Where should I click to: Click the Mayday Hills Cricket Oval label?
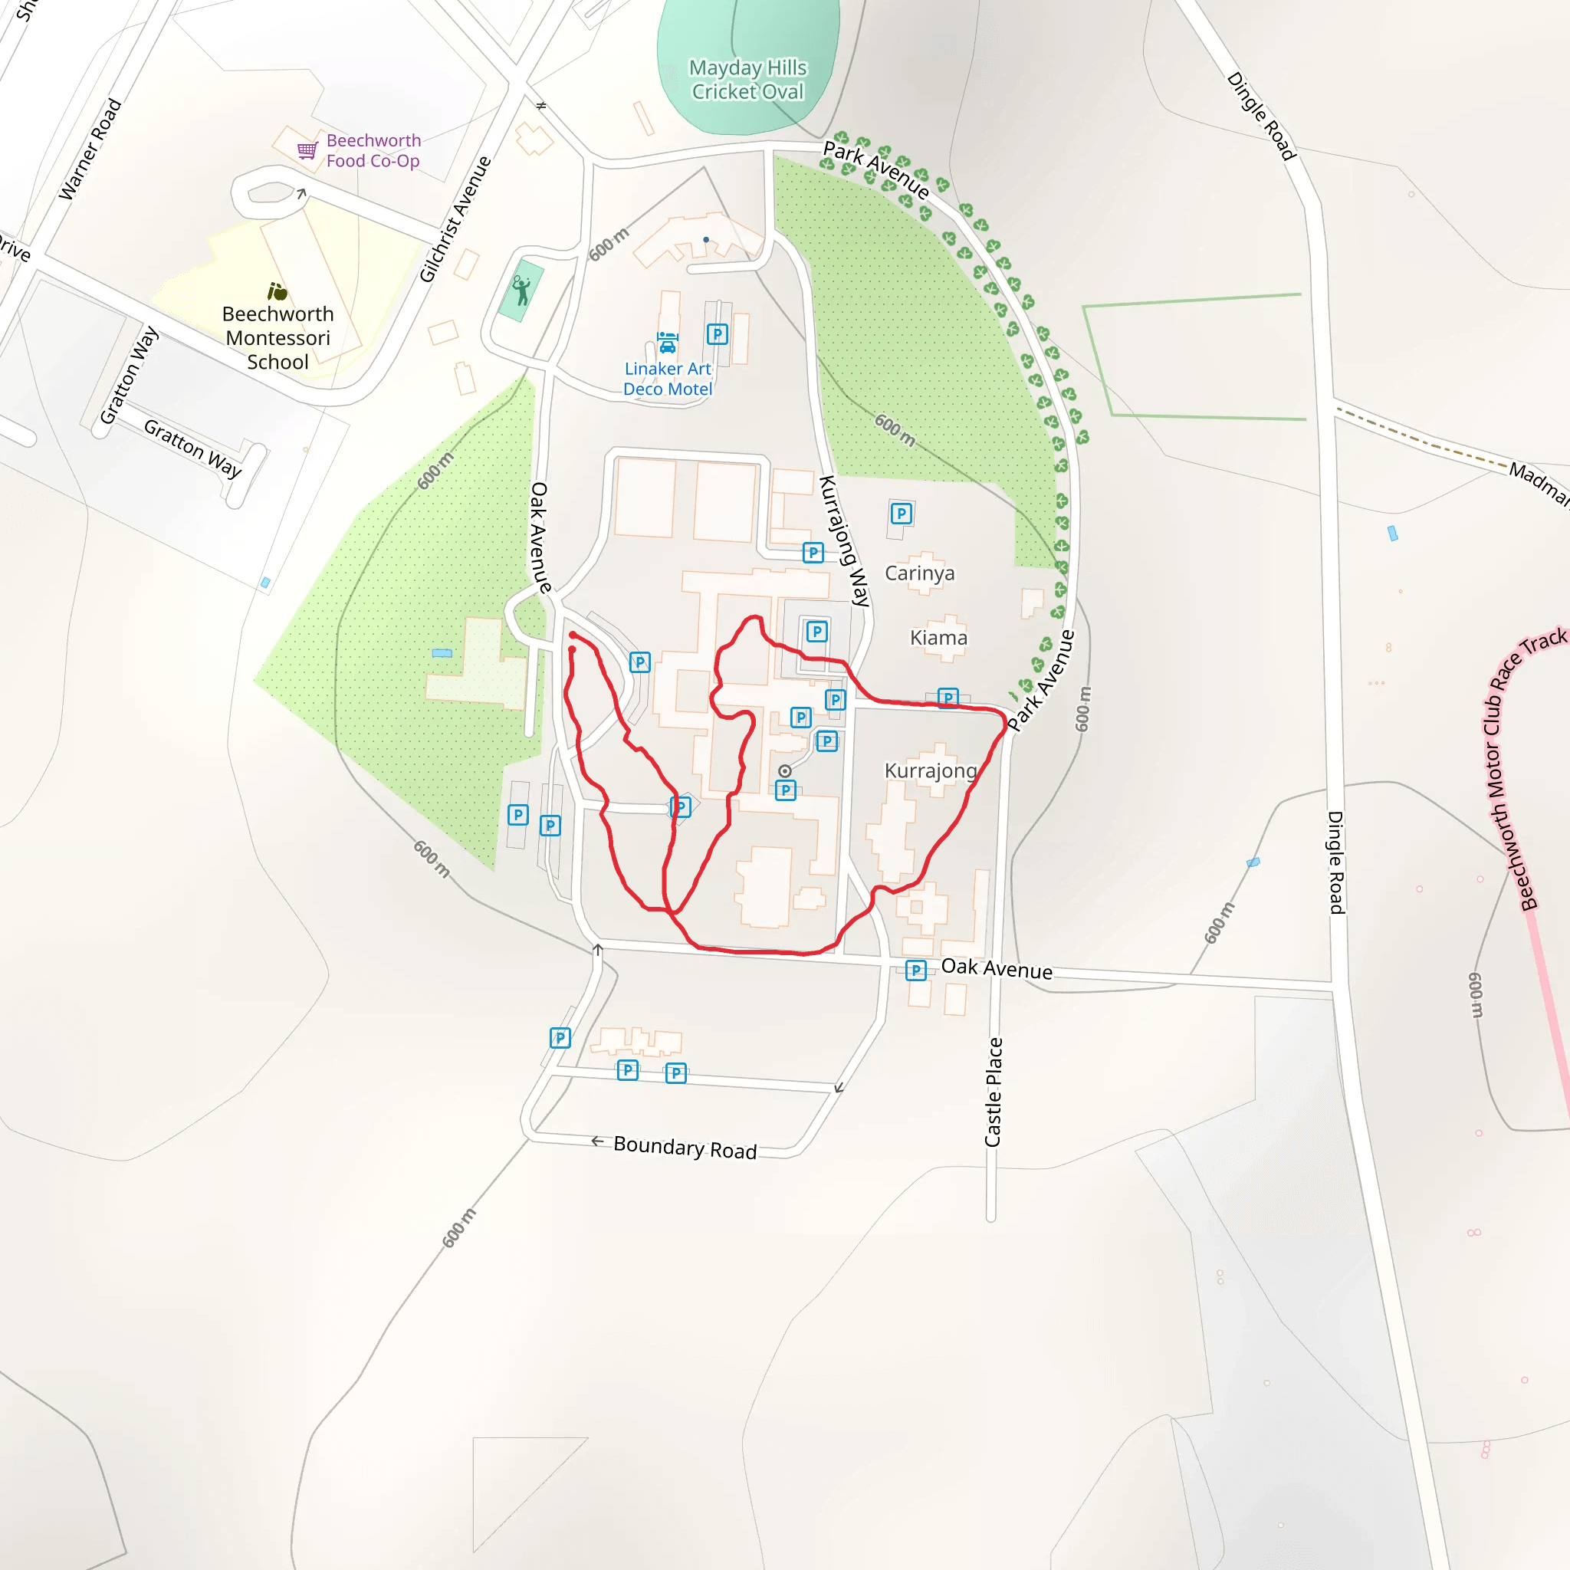(747, 80)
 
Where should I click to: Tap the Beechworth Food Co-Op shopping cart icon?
(307, 150)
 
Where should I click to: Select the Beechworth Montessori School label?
(278, 338)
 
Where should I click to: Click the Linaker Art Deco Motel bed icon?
(667, 342)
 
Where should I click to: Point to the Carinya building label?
(919, 573)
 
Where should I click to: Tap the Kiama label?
(938, 638)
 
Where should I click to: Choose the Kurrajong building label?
(931, 770)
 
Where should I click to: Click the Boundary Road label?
(685, 1148)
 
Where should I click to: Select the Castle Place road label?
(993, 1092)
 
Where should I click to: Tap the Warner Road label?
(90, 149)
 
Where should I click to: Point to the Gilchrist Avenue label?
(455, 219)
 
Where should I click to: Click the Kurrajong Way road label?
(844, 541)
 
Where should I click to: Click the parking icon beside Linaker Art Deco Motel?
(717, 334)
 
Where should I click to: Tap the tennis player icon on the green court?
(521, 290)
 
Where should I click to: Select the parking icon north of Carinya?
(901, 514)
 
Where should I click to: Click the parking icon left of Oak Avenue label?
(916, 971)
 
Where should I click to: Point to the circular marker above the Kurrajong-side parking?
(784, 771)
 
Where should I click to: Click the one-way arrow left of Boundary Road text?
(597, 1141)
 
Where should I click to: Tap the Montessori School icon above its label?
(277, 291)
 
